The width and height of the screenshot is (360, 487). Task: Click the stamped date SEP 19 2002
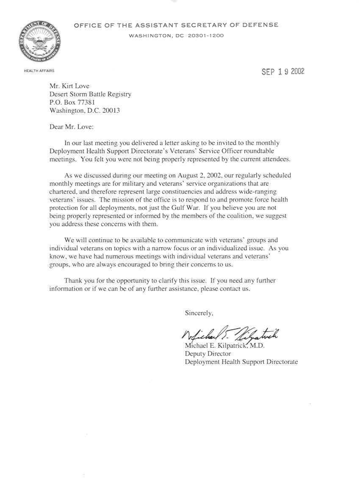[x=283, y=72]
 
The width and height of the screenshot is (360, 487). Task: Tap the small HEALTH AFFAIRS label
[x=39, y=71]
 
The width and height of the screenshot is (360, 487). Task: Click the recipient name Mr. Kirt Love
[x=69, y=86]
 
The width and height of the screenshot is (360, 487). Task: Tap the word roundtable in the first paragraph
[x=235, y=151]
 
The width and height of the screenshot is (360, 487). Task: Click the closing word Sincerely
[x=199, y=313]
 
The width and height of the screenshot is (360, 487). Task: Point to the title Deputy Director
[x=208, y=354]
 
